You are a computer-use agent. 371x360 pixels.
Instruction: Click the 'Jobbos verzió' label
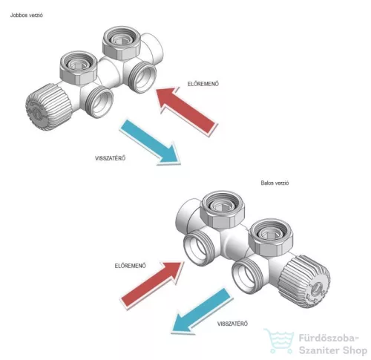pos(27,15)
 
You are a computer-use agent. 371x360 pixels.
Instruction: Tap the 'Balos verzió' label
pos(275,183)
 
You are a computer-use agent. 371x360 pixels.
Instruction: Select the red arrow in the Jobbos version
pos(187,111)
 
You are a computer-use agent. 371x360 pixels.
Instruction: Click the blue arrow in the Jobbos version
pos(150,142)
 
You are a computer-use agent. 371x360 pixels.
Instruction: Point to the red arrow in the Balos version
pos(152,284)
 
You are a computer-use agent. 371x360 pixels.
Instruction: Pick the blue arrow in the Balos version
pos(203,310)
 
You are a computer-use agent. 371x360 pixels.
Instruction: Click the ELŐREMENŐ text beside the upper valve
pos(203,84)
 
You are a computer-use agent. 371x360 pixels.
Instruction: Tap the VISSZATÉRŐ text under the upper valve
pos(111,158)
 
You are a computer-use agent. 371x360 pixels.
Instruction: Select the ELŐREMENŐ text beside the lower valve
pos(131,266)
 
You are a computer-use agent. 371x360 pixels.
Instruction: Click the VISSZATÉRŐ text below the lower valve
pos(232,324)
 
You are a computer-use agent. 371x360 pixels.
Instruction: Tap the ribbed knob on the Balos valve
pos(305,281)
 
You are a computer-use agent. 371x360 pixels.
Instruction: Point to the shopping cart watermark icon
pos(280,341)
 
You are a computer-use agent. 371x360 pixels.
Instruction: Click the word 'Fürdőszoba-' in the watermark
pos(329,338)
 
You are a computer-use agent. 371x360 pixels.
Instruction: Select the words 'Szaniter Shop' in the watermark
pos(333,350)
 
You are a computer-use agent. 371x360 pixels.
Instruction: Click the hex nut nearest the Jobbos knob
pos(79,68)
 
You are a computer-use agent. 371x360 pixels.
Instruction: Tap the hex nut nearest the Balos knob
pos(271,239)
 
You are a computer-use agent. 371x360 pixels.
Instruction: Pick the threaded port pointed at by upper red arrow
pos(143,77)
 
